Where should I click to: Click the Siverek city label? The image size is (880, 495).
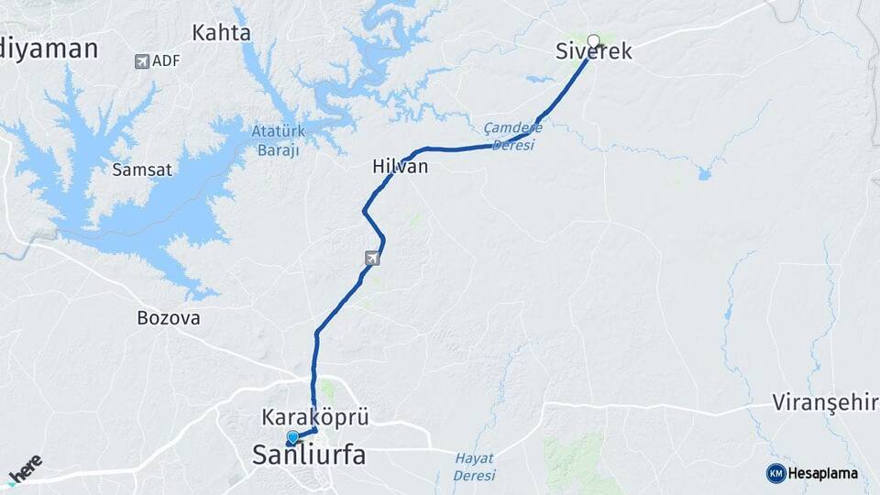(594, 52)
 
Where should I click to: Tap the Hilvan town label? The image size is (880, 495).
(400, 167)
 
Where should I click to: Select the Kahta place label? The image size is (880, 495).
(221, 33)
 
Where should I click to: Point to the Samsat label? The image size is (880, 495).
(136, 170)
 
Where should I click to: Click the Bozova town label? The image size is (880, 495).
(168, 318)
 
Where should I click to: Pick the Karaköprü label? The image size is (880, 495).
(314, 417)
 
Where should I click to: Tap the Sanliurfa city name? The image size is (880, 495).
(308, 454)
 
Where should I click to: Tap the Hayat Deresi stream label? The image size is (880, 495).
(474, 467)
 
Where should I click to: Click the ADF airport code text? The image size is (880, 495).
(166, 60)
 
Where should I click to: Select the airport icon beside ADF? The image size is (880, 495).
(141, 61)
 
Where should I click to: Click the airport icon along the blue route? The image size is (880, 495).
(371, 258)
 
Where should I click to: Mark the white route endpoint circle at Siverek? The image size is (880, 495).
(593, 40)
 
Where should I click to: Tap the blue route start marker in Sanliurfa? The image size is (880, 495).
(292, 438)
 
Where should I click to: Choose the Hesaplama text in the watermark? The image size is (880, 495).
(823, 474)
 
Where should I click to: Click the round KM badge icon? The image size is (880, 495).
(775, 473)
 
